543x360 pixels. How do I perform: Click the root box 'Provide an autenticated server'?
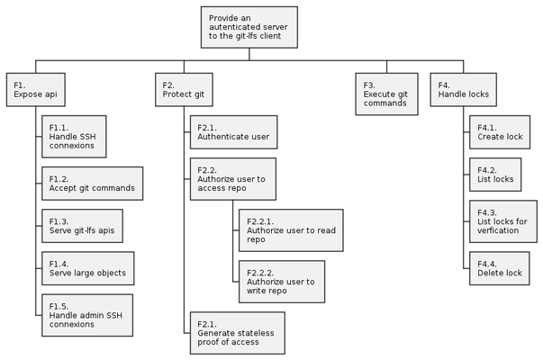[x=249, y=28]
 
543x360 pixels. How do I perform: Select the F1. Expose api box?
[x=36, y=92]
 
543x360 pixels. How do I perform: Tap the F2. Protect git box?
[x=185, y=92]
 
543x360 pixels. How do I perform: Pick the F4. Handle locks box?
[x=464, y=92]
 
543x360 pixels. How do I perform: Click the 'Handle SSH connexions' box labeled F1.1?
[x=75, y=136]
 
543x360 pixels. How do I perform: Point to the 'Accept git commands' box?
[x=93, y=184]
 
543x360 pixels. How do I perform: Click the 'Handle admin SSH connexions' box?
[x=87, y=314]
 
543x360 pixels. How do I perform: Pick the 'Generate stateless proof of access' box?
[x=237, y=332]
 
